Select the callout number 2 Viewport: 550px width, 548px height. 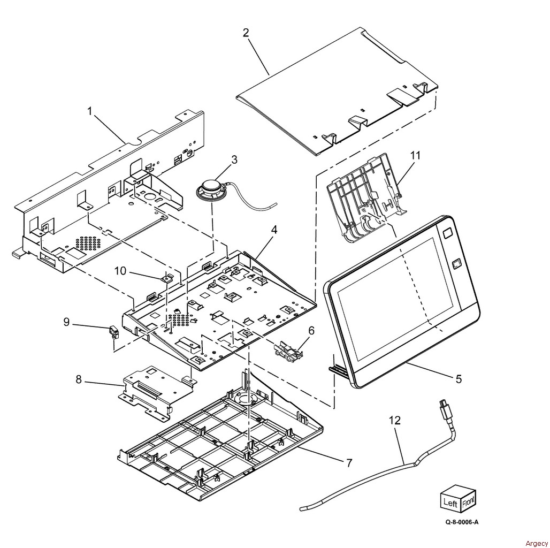(x=246, y=33)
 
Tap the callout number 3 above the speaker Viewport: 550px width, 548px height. (x=234, y=159)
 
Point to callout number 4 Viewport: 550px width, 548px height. (x=273, y=230)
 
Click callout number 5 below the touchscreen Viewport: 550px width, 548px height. (x=458, y=379)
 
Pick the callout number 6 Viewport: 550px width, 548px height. (x=311, y=331)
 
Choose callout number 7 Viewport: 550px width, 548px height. (x=349, y=462)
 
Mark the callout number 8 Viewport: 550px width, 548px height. (x=79, y=380)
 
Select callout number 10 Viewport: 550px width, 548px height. (x=120, y=271)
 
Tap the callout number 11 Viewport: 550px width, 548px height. (x=415, y=156)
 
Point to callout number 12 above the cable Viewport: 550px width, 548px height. (x=394, y=421)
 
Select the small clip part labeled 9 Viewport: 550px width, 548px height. (x=113, y=333)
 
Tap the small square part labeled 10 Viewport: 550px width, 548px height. (x=167, y=277)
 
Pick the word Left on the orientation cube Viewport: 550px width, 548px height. (x=448, y=502)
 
